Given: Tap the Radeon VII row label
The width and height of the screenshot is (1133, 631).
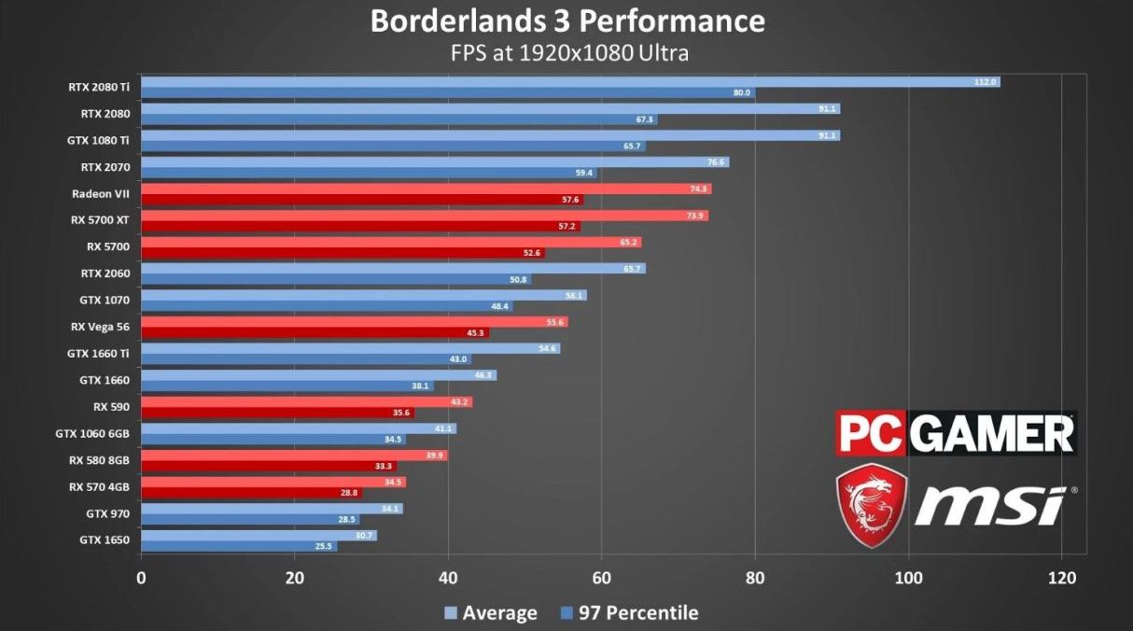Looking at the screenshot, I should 101,194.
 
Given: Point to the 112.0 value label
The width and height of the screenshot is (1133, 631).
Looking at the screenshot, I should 986,82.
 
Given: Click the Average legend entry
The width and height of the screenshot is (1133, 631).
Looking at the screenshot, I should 491,613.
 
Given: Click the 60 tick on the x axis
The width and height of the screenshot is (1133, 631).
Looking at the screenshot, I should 602,578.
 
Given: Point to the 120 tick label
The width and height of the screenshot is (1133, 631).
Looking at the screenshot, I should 1062,578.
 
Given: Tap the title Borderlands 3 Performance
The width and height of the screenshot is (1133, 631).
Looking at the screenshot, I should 567,21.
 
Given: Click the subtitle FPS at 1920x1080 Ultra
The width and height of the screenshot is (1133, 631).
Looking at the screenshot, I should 567,52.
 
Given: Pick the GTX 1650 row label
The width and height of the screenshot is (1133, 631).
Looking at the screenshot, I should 105,540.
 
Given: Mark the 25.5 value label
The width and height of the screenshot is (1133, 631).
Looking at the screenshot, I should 324,546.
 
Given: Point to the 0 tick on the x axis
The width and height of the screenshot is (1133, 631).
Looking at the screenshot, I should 141,578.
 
